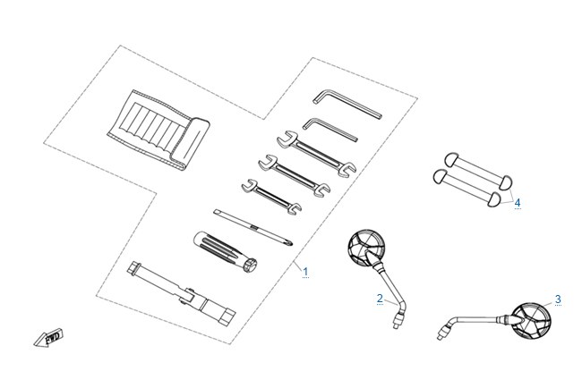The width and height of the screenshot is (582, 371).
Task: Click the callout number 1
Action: click(x=305, y=272)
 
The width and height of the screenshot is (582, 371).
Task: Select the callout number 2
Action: click(x=380, y=299)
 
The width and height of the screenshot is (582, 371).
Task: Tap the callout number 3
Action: click(x=558, y=299)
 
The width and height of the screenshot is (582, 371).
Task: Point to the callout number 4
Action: click(x=518, y=203)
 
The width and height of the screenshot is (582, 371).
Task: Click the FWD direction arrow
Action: click(x=49, y=337)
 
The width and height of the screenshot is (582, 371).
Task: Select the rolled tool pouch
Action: click(x=158, y=130)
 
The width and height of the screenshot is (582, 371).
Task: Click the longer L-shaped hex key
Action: click(x=347, y=103)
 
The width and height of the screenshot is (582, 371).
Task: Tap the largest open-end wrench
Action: click(x=317, y=154)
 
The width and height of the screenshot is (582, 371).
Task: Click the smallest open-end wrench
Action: click(x=271, y=197)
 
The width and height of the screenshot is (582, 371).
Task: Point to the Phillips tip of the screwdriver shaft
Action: click(x=291, y=243)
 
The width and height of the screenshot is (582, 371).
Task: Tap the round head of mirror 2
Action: click(x=367, y=248)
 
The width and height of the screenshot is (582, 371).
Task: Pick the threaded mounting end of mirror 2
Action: click(x=398, y=320)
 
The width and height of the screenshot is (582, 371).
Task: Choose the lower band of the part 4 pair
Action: click(x=467, y=187)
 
